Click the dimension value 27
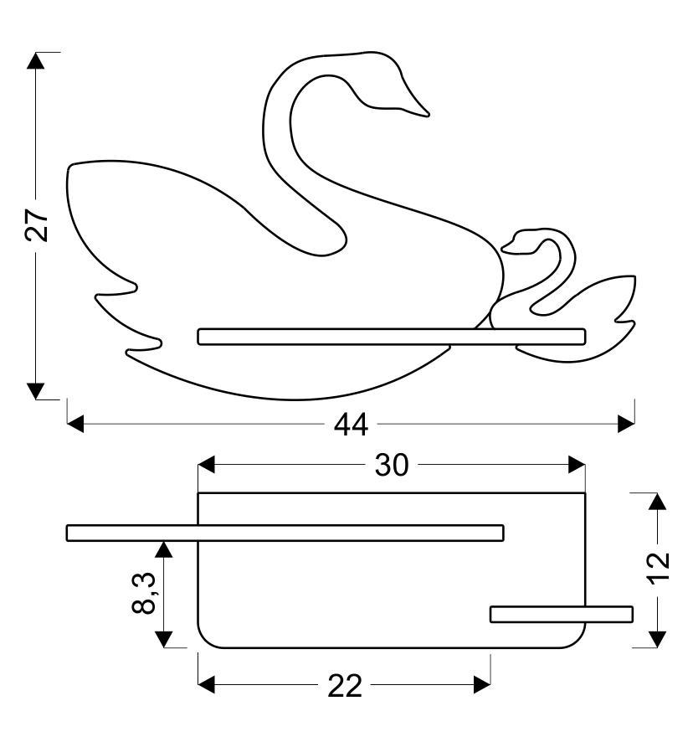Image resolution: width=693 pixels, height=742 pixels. (37, 225)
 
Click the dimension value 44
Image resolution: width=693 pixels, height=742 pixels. (351, 425)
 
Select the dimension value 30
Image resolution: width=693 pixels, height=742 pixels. (391, 465)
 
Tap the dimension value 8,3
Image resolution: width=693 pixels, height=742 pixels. (144, 593)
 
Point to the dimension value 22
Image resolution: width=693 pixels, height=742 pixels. (345, 685)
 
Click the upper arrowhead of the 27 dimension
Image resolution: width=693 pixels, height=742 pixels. (35, 60)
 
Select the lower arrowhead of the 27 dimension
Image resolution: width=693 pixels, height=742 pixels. (35, 391)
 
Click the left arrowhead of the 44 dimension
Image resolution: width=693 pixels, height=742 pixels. (75, 424)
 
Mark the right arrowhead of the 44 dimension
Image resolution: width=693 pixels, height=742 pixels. (626, 424)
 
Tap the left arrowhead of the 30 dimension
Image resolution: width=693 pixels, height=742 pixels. (206, 465)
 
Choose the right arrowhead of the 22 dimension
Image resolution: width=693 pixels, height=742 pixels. (482, 685)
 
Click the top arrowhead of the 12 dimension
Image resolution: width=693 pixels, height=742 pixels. (657, 501)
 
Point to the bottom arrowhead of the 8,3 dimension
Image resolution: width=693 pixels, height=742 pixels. (164, 639)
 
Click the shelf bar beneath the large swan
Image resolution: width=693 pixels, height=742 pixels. (392, 337)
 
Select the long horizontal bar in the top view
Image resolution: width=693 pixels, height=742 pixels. (285, 533)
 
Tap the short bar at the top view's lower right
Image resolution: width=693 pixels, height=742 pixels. (562, 614)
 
